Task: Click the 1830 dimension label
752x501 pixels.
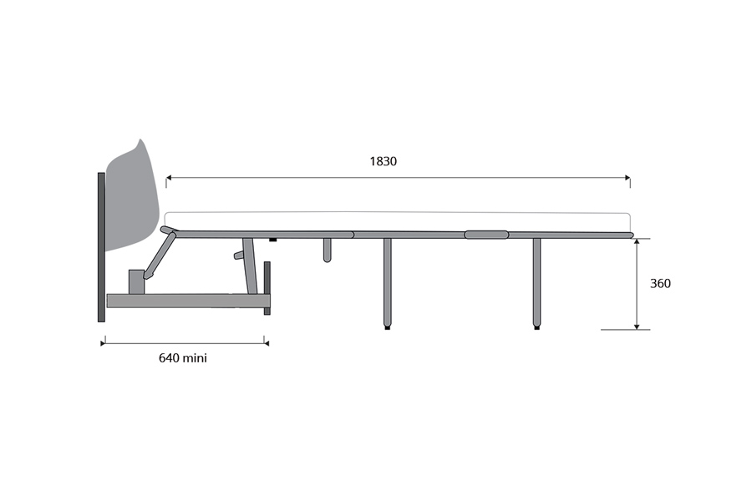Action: [x=384, y=161]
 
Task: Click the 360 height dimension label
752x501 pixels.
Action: [x=660, y=284]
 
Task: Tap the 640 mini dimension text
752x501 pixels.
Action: [x=183, y=358]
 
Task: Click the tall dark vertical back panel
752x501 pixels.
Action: [x=101, y=247]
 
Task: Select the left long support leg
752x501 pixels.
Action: [x=387, y=282]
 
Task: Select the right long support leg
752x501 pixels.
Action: [x=536, y=282]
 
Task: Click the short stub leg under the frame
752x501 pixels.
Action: [x=327, y=250]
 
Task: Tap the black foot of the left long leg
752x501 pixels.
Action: [x=387, y=328]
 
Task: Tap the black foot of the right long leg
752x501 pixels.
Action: [x=536, y=328]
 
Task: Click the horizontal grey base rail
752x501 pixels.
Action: [x=188, y=301]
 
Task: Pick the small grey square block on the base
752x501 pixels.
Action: [x=135, y=282]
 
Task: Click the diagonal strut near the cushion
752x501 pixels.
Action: [x=160, y=254]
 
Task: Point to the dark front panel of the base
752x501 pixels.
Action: [x=267, y=288]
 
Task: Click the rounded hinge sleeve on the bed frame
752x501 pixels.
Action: [x=486, y=235]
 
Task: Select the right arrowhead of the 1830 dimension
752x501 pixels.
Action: [x=628, y=178]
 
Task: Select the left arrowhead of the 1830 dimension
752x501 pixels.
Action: [x=169, y=178]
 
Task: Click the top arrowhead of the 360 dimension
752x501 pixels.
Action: [x=637, y=241]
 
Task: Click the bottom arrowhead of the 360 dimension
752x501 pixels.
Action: [x=637, y=326]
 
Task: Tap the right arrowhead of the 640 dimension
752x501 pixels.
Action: [x=267, y=343]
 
